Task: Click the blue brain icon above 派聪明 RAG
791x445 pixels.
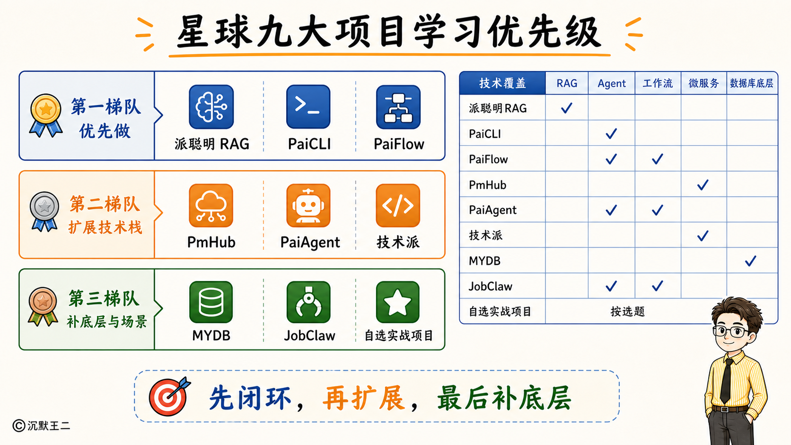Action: click(x=211, y=107)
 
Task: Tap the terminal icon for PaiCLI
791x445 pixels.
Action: click(x=308, y=106)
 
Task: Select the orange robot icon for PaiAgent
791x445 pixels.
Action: click(x=308, y=205)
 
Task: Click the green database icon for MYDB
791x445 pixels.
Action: click(x=211, y=302)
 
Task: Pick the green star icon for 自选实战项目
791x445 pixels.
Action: click(x=397, y=302)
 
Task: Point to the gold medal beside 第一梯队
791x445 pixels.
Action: click(x=45, y=115)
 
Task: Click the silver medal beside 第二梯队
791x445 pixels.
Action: click(x=44, y=211)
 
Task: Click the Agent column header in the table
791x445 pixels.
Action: click(x=611, y=83)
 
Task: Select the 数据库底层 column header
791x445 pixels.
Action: click(x=751, y=83)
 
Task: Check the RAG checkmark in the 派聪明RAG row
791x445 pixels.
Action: click(x=566, y=108)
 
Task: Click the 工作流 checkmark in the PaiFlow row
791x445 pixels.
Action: click(x=657, y=159)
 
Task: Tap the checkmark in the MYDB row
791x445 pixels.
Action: click(x=750, y=261)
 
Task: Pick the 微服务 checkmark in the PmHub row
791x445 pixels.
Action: click(x=703, y=184)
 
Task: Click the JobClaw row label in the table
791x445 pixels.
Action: click(x=490, y=286)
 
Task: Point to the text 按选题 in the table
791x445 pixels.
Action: click(x=627, y=312)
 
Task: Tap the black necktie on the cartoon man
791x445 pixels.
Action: click(x=726, y=381)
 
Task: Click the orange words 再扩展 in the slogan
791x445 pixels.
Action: click(x=364, y=398)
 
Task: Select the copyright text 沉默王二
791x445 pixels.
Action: click(x=49, y=426)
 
